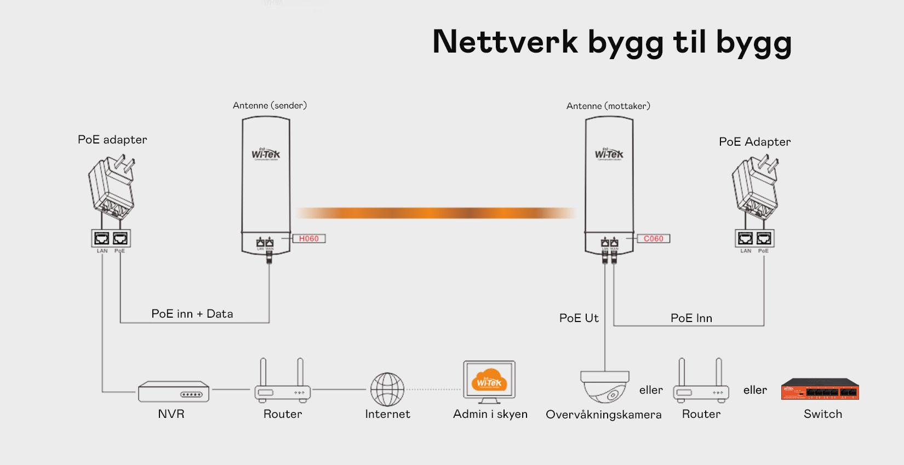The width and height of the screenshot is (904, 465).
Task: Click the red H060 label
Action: [x=309, y=239]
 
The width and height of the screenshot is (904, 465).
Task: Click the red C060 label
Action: [x=653, y=239]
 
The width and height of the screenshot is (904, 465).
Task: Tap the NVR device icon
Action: [x=173, y=392]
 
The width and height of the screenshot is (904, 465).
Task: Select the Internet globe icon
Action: [x=387, y=389]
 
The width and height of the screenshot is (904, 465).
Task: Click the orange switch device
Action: [x=820, y=389]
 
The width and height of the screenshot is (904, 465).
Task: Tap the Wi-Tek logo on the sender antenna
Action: [x=266, y=153]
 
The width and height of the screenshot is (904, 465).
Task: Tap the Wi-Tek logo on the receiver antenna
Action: [x=609, y=153]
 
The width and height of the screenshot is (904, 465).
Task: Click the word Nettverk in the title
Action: [x=505, y=42]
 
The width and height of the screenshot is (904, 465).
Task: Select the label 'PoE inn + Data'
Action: [x=192, y=314]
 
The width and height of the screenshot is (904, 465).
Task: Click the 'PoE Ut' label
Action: [x=579, y=318]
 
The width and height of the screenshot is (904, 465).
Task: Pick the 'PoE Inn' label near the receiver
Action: [x=691, y=318]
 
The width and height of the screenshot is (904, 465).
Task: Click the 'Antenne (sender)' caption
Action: [x=270, y=105]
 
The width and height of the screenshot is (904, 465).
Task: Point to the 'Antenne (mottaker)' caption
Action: [x=608, y=106]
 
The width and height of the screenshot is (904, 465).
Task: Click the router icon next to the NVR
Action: [x=282, y=382]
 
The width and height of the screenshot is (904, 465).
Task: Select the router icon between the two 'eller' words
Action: [x=701, y=382]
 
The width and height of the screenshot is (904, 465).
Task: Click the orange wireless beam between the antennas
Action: [x=436, y=213]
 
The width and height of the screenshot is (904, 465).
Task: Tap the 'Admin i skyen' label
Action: [x=490, y=414]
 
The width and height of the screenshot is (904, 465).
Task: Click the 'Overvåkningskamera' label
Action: [x=603, y=415]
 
